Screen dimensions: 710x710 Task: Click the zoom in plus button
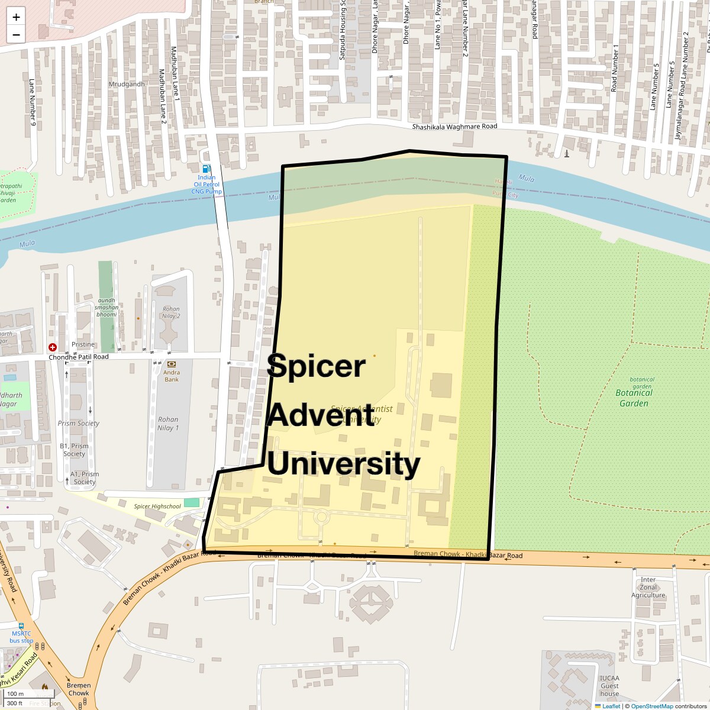(16, 17)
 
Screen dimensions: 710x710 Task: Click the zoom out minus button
(16, 35)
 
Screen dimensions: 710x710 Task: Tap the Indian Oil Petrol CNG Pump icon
(206, 169)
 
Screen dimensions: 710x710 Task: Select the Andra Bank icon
(172, 364)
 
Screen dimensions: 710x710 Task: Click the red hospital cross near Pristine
(53, 347)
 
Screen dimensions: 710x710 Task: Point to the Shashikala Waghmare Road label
(454, 127)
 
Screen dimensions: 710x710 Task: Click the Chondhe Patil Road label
(79, 357)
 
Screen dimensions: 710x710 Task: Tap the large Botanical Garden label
(634, 398)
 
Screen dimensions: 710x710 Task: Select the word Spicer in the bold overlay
(316, 366)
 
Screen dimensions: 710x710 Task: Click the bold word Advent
(321, 415)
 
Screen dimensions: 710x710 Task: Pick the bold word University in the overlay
(344, 463)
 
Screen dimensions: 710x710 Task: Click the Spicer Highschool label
(157, 506)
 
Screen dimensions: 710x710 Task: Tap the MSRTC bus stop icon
(21, 625)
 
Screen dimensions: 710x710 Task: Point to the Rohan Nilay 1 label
(168, 424)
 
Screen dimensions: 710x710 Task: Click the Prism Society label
(79, 423)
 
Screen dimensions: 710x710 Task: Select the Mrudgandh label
(127, 84)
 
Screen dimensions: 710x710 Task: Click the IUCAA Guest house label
(609, 686)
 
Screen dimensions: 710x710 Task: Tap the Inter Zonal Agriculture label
(648, 588)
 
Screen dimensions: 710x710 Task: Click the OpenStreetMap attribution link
(651, 706)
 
